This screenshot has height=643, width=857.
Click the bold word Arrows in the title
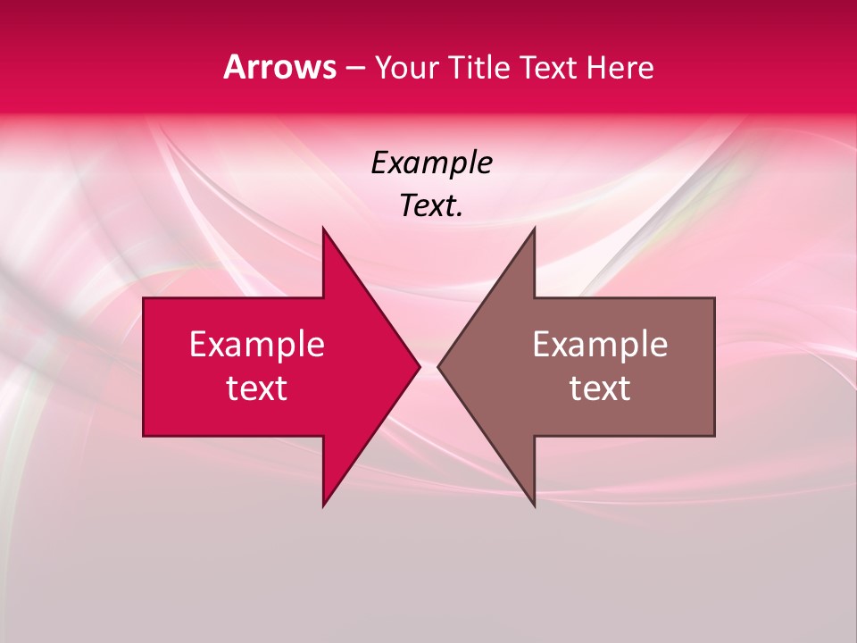280,67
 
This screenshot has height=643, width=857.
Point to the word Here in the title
620,67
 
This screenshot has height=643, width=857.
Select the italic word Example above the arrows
431,163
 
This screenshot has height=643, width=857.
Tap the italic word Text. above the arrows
431,205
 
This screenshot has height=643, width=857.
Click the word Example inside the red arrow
257,345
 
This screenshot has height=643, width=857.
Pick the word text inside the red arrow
257,388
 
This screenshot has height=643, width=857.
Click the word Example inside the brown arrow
600,345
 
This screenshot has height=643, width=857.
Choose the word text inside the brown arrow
600,388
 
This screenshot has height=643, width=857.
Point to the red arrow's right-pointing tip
419,366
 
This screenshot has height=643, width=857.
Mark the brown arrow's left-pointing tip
438,366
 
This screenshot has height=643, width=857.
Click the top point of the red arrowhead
323,228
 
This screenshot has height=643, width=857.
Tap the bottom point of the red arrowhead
323,505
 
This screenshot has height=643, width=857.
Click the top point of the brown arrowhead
534,228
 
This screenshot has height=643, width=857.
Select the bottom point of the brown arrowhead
534,505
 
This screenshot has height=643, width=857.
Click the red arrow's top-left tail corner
144,298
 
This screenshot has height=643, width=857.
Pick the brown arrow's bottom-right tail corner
714,435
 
